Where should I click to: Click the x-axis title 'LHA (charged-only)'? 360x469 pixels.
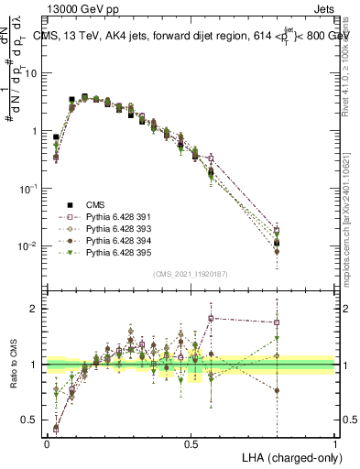[x=288, y=455]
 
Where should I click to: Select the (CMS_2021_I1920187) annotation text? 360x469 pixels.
[x=190, y=273]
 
